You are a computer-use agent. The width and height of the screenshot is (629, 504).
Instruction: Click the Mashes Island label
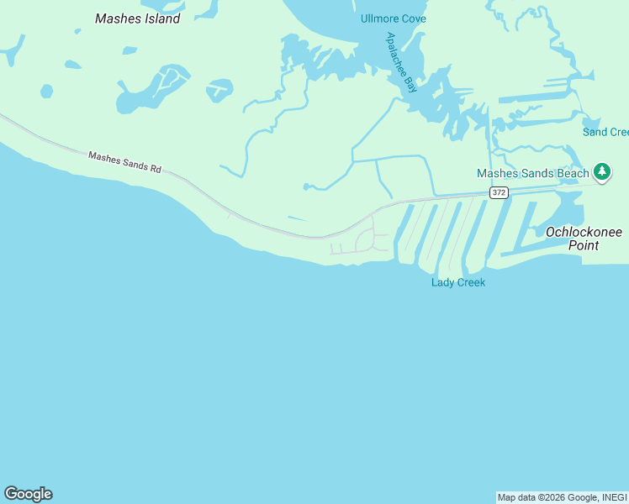138,18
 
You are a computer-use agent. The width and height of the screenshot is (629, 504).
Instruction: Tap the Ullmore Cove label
394,18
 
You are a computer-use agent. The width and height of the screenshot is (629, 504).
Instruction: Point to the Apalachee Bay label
401,62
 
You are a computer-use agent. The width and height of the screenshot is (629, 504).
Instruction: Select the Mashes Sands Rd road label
124,161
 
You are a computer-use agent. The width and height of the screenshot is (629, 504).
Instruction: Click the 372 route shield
499,193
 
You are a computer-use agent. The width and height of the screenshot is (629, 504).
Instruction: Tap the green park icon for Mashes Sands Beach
601,172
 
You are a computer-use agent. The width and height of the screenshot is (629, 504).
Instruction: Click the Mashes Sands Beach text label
533,174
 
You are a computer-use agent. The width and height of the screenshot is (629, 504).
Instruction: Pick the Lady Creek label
458,282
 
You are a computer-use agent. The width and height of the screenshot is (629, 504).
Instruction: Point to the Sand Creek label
605,132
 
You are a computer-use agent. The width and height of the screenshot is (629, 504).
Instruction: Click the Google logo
28,494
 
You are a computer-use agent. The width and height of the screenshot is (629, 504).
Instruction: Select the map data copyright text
562,497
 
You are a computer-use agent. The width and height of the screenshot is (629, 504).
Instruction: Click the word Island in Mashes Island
161,18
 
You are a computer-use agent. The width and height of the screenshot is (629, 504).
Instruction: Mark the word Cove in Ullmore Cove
413,18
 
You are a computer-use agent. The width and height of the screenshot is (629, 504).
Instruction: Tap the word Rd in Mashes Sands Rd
155,168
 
